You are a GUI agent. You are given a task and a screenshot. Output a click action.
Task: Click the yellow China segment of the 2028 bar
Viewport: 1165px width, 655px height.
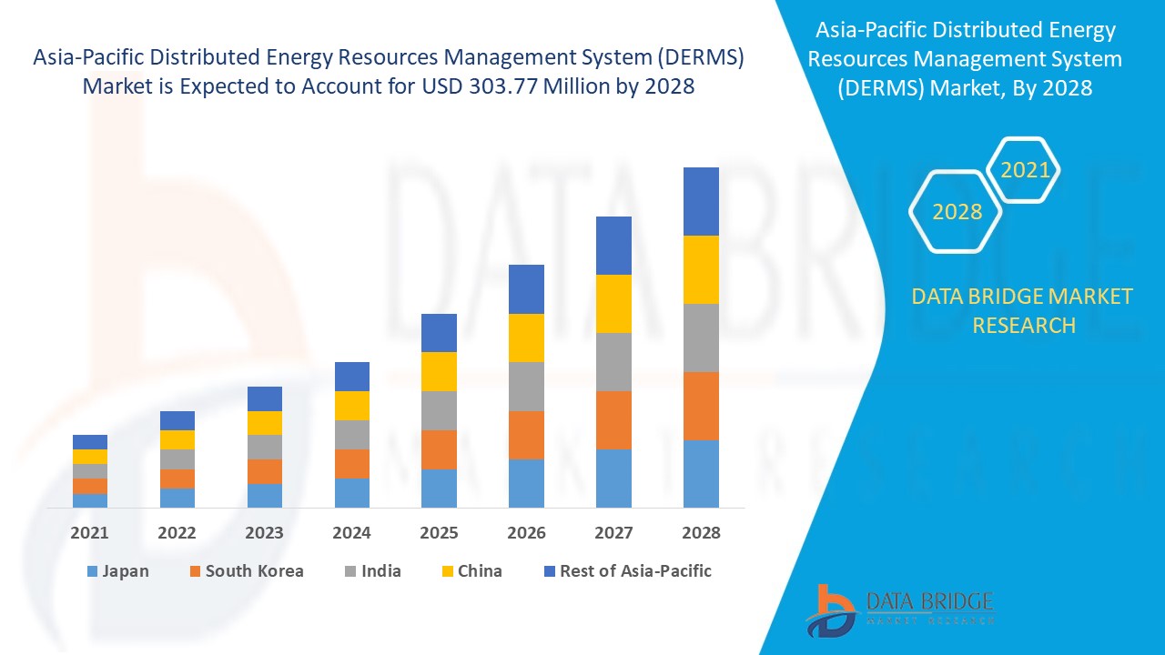pyautogui.click(x=701, y=269)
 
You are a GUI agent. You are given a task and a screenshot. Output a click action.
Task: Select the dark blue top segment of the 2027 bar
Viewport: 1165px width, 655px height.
pyautogui.click(x=613, y=246)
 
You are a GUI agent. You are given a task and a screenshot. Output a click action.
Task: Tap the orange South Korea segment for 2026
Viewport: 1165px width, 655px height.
pyautogui.click(x=526, y=435)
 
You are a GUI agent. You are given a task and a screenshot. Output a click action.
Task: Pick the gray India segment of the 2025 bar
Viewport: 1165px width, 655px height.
pyautogui.click(x=439, y=410)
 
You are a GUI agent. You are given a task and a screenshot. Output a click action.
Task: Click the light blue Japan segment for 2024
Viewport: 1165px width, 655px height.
pyautogui.click(x=352, y=492)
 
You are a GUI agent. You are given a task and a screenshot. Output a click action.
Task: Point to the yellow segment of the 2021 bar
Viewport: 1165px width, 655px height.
pyautogui.click(x=90, y=457)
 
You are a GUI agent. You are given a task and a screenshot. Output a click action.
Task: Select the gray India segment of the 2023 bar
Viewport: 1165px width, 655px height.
pyautogui.click(x=265, y=447)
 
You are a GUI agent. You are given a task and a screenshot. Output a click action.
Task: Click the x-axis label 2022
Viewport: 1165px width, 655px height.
pyautogui.click(x=177, y=533)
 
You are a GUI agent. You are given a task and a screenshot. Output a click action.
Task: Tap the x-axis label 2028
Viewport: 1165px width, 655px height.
pyautogui.click(x=701, y=533)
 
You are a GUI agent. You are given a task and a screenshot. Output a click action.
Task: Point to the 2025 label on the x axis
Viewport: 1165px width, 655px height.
pyautogui.click(x=439, y=533)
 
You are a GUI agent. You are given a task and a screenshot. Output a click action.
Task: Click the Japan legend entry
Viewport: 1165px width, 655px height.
pyautogui.click(x=117, y=571)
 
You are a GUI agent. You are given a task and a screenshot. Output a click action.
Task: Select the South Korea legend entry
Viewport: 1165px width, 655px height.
pyautogui.click(x=246, y=571)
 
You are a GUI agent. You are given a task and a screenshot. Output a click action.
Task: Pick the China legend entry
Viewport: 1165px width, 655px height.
pyautogui.click(x=471, y=571)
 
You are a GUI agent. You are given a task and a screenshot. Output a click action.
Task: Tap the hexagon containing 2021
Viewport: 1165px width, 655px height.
pyautogui.click(x=1025, y=170)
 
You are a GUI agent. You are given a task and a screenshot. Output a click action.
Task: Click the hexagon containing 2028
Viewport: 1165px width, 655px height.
pyautogui.click(x=957, y=212)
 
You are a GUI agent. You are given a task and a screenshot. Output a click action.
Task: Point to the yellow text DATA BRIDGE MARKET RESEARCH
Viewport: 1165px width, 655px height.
pyautogui.click(x=1023, y=310)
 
